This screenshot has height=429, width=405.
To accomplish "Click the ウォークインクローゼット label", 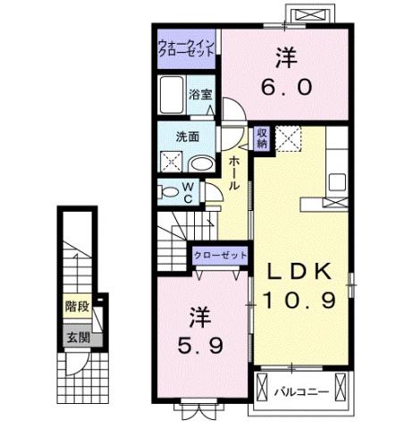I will (186, 47).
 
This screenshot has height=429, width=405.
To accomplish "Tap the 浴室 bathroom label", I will (198, 94).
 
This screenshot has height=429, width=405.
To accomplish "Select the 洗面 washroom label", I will (187, 137).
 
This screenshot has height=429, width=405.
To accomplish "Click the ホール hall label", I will (234, 172).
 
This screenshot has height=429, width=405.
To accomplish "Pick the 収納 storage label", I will (262, 138).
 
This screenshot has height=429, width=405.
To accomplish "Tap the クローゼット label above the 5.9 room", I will (220, 256).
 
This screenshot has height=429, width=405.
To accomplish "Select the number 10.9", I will (300, 300).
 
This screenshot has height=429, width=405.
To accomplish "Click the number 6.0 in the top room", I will (287, 88).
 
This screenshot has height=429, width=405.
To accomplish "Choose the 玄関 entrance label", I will (76, 337).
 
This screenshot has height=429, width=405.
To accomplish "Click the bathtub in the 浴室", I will (171, 94).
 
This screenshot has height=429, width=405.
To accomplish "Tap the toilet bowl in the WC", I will (167, 192).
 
